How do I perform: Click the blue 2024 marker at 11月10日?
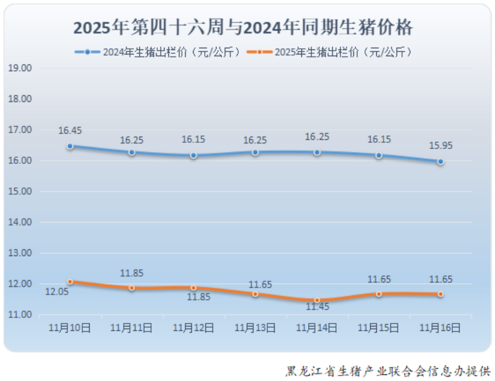pyautogui.click(x=70, y=147)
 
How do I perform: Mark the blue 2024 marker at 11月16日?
pyautogui.click(x=440, y=161)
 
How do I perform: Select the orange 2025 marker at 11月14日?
pyautogui.click(x=317, y=301)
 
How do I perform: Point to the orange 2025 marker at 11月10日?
pyautogui.click(x=70, y=282)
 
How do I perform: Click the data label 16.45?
pyautogui.click(x=70, y=131)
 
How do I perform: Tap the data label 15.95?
pyautogui.click(x=440, y=146)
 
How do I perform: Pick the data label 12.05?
pyautogui.click(x=56, y=291)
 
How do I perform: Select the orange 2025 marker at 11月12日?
pyautogui.click(x=193, y=288)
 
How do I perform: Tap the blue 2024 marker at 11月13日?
pyautogui.click(x=255, y=152)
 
